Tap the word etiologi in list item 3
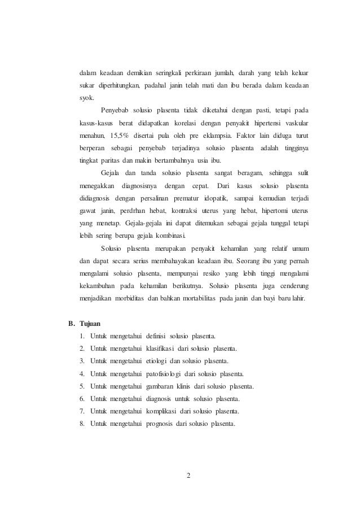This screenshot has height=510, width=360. click(x=160, y=361)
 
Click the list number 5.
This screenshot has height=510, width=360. click(x=82, y=386)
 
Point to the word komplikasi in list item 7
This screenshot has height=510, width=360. click(x=164, y=411)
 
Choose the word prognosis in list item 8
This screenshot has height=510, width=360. click(x=163, y=424)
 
